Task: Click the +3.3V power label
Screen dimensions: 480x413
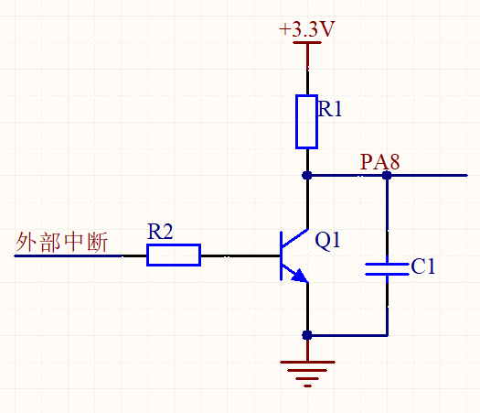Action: coord(307,29)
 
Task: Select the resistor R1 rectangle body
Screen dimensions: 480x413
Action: coord(306,122)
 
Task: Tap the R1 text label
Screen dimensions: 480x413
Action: coord(330,109)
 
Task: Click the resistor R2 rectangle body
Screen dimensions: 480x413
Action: coord(174,255)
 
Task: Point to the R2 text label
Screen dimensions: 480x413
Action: coord(160,231)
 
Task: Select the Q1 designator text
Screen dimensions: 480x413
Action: coord(327,240)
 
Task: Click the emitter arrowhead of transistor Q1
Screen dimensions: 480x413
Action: coord(300,276)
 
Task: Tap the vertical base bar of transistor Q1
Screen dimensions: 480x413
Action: coord(281,256)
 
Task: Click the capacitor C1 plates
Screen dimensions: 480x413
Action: coord(388,269)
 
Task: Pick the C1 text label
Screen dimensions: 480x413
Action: coord(423,266)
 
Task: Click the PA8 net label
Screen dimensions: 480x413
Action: coord(380,161)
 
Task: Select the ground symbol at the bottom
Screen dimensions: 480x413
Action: coord(307,374)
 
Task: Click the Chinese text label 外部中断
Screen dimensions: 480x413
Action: coord(61,242)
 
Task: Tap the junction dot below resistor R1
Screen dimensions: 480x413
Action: coord(307,176)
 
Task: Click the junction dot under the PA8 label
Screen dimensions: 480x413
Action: coord(387,176)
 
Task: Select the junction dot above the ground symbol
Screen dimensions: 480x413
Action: coord(307,335)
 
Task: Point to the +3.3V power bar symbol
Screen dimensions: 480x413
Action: coord(307,43)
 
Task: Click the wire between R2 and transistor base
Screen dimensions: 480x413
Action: coord(240,255)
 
